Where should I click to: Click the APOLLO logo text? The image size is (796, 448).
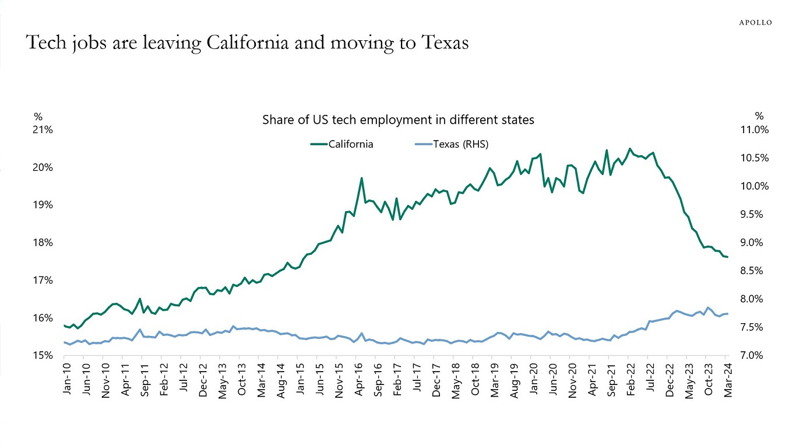pos(755,22)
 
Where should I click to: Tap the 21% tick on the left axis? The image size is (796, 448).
pos(43,129)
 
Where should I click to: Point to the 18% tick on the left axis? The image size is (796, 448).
pos(43,243)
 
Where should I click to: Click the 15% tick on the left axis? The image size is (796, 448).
pos(43,355)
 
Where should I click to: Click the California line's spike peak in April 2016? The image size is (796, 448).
pos(362,178)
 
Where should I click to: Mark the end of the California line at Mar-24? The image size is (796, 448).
pos(727,257)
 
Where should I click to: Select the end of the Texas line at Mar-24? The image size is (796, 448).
pos(727,314)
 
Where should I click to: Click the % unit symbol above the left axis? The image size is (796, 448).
pos(38,116)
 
